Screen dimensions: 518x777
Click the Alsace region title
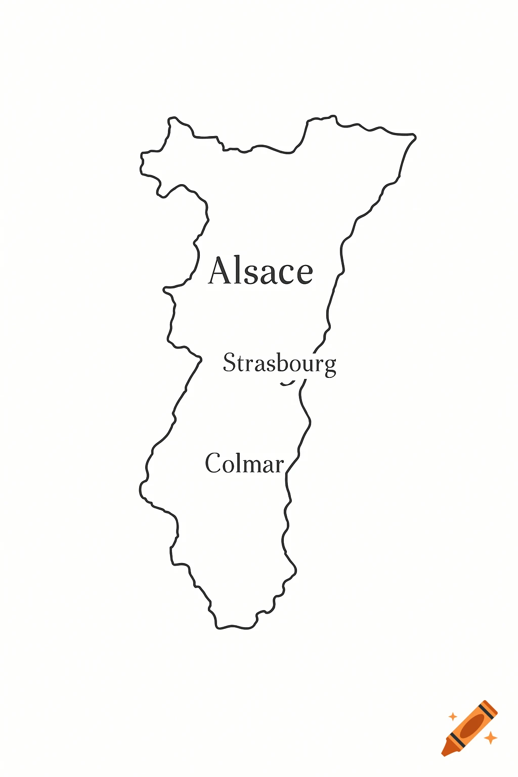[x=261, y=271]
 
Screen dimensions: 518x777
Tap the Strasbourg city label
[x=279, y=363]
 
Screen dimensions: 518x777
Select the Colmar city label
[x=244, y=463]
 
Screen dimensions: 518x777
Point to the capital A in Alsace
[x=223, y=271]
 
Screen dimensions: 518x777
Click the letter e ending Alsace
[x=304, y=274]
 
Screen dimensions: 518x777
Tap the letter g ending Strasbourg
[x=330, y=366]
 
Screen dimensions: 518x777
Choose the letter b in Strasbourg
[x=282, y=362]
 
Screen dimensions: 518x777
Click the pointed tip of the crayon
[x=444, y=754]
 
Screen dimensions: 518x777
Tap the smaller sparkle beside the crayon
[x=453, y=716]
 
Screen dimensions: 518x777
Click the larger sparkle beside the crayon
[x=490, y=738]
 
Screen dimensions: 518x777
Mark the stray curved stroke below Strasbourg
[x=288, y=383]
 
